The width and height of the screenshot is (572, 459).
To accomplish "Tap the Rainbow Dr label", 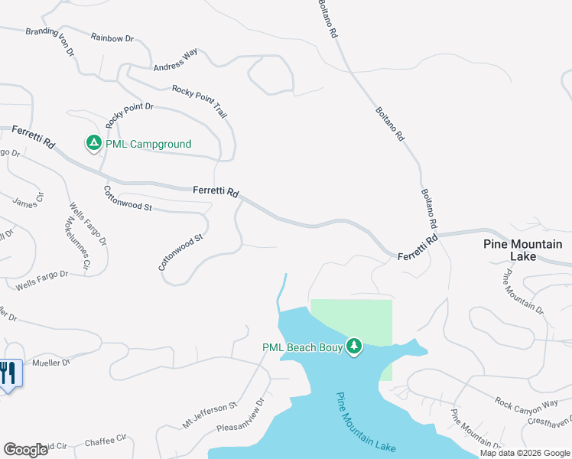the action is (x=112, y=37).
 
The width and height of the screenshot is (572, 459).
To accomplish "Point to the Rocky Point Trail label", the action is (x=200, y=101).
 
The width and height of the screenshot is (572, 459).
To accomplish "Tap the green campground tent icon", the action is (x=93, y=143).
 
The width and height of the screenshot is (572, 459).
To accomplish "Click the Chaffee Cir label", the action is (x=105, y=440).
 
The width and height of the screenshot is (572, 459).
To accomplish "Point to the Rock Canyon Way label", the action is (x=526, y=402).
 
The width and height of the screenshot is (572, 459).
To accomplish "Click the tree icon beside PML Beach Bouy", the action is (x=353, y=347).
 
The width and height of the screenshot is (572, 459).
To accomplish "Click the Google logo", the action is (x=25, y=449).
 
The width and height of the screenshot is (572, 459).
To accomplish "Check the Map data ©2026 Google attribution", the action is (x=525, y=453).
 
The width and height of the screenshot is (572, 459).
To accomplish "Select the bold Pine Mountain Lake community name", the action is (x=523, y=250).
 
